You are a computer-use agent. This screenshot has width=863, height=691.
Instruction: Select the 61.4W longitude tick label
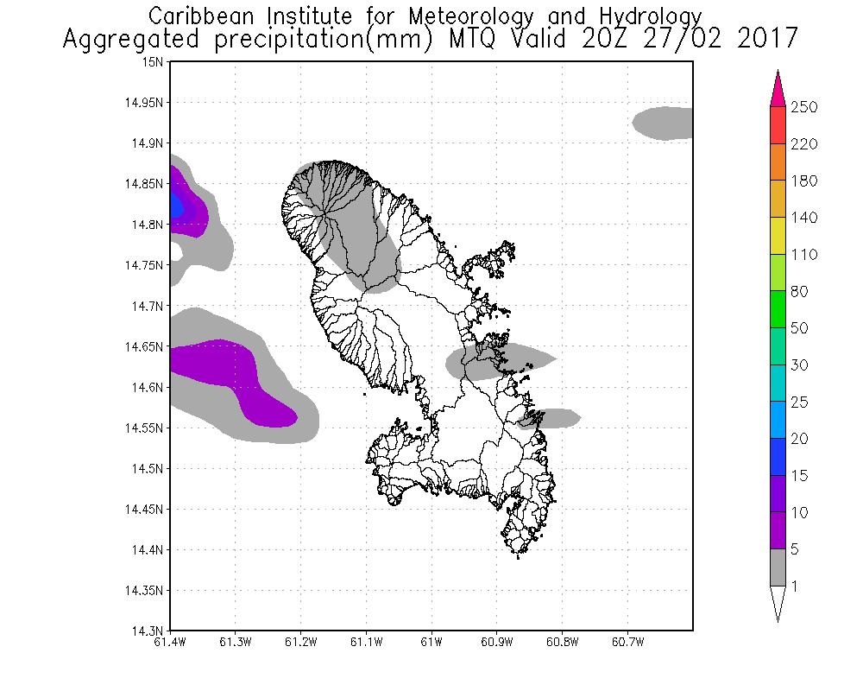[x=170, y=643]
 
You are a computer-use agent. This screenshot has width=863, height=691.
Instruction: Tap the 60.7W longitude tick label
[x=627, y=643]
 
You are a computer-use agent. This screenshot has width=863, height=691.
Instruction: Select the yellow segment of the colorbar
[x=777, y=236]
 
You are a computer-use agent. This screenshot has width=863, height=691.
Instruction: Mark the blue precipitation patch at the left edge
[x=176, y=206]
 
